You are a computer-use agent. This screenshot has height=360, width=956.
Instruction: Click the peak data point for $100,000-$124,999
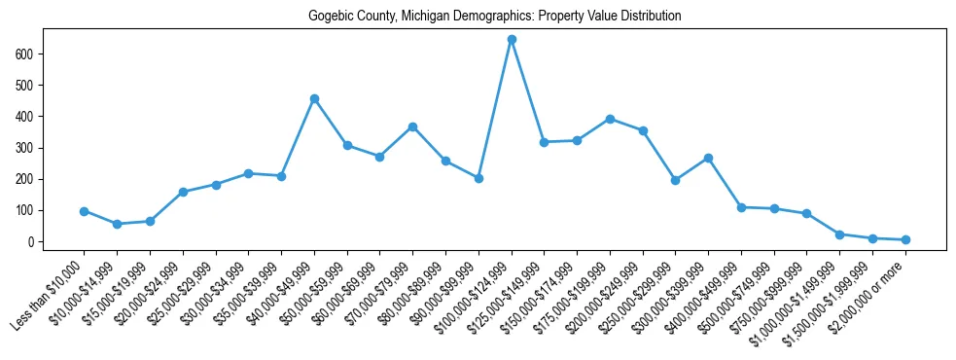512,39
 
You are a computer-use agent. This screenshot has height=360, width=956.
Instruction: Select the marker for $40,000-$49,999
314,98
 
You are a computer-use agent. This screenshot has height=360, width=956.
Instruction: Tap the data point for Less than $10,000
85,211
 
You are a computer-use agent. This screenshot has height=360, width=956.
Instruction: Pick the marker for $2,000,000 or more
905,239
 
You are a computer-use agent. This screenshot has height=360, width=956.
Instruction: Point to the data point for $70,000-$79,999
412,126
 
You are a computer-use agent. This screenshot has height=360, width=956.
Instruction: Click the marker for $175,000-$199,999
610,119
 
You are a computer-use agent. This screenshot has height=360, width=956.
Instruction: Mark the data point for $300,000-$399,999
708,158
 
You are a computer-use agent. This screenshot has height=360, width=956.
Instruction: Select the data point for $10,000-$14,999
117,224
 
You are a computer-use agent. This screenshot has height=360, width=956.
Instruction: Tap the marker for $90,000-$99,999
478,178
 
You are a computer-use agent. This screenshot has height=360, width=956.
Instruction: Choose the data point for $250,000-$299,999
675,180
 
